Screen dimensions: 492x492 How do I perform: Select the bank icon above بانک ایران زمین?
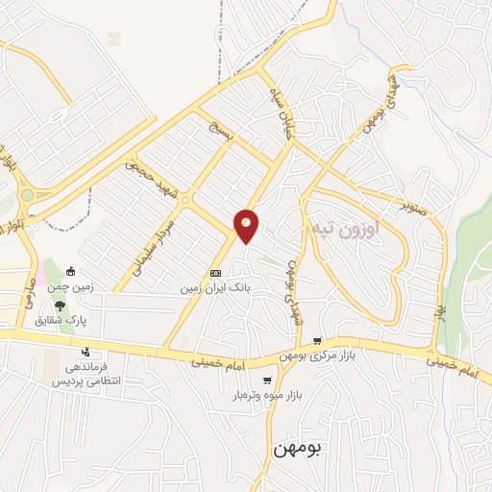(x=214, y=273)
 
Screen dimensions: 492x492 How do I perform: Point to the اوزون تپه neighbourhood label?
(x=346, y=231)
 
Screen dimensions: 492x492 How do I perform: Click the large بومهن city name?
(x=298, y=448)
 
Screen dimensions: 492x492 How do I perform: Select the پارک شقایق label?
(x=68, y=319)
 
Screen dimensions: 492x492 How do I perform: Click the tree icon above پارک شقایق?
(x=61, y=305)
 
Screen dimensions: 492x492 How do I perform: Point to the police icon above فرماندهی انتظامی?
(x=86, y=352)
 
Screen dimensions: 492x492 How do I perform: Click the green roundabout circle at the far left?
(x=26, y=195)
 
